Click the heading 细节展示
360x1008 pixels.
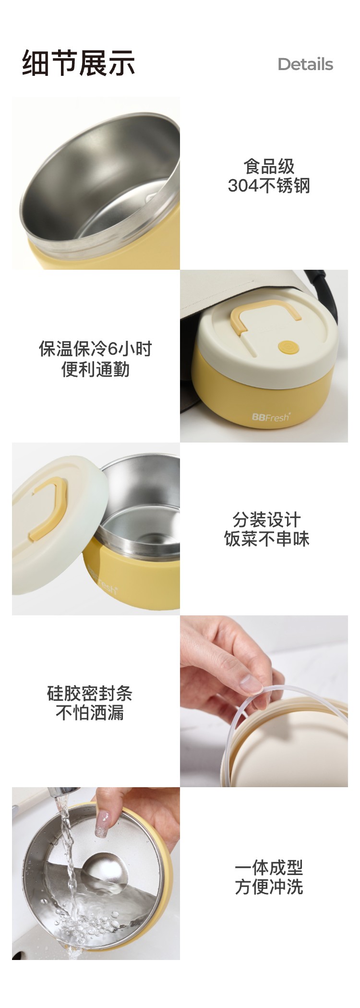[78, 63]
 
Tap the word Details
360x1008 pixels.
[305, 64]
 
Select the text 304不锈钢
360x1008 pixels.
[269, 186]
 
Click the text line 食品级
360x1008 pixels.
[269, 167]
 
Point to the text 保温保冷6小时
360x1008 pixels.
[96, 349]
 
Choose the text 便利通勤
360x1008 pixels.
[96, 369]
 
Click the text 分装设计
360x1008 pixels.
[267, 519]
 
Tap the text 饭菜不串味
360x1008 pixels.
[267, 539]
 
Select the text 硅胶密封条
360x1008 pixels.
[90, 693]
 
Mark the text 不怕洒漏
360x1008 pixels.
[90, 712]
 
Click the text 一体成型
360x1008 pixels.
[269, 867]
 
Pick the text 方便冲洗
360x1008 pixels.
[269, 887]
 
